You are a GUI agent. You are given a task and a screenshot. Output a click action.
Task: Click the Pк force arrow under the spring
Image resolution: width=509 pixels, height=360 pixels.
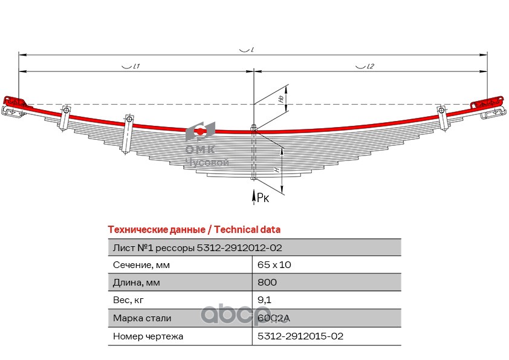pos(253,194)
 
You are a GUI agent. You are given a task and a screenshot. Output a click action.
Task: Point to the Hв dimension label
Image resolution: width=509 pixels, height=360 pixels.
pos(280,98)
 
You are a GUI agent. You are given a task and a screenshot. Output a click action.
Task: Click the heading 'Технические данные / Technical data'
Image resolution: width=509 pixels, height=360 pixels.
pos(193,229)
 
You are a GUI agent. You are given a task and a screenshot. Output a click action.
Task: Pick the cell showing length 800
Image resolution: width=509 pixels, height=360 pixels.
pos(267,282)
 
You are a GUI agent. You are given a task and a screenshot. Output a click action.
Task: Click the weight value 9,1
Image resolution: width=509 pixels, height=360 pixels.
pos(264,299)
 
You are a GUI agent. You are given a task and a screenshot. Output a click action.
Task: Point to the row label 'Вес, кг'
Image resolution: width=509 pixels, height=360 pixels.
pos(129,299)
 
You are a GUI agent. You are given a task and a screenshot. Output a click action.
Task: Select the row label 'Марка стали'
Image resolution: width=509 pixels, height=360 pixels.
pos(142,318)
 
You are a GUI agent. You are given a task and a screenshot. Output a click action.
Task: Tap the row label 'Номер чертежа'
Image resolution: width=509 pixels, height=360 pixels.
pos(148,335)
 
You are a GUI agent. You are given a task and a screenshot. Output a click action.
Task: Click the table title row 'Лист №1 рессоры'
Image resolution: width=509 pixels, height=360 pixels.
pos(197,247)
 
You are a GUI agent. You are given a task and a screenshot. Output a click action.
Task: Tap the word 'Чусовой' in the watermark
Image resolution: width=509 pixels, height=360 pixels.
pos(207,162)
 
